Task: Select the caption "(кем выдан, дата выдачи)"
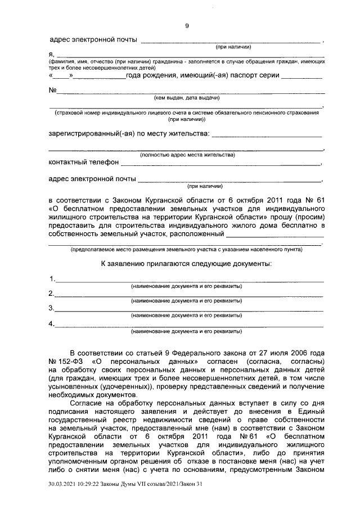click(187, 98)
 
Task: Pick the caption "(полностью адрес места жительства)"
click(187, 154)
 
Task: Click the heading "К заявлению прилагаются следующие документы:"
click(186, 263)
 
